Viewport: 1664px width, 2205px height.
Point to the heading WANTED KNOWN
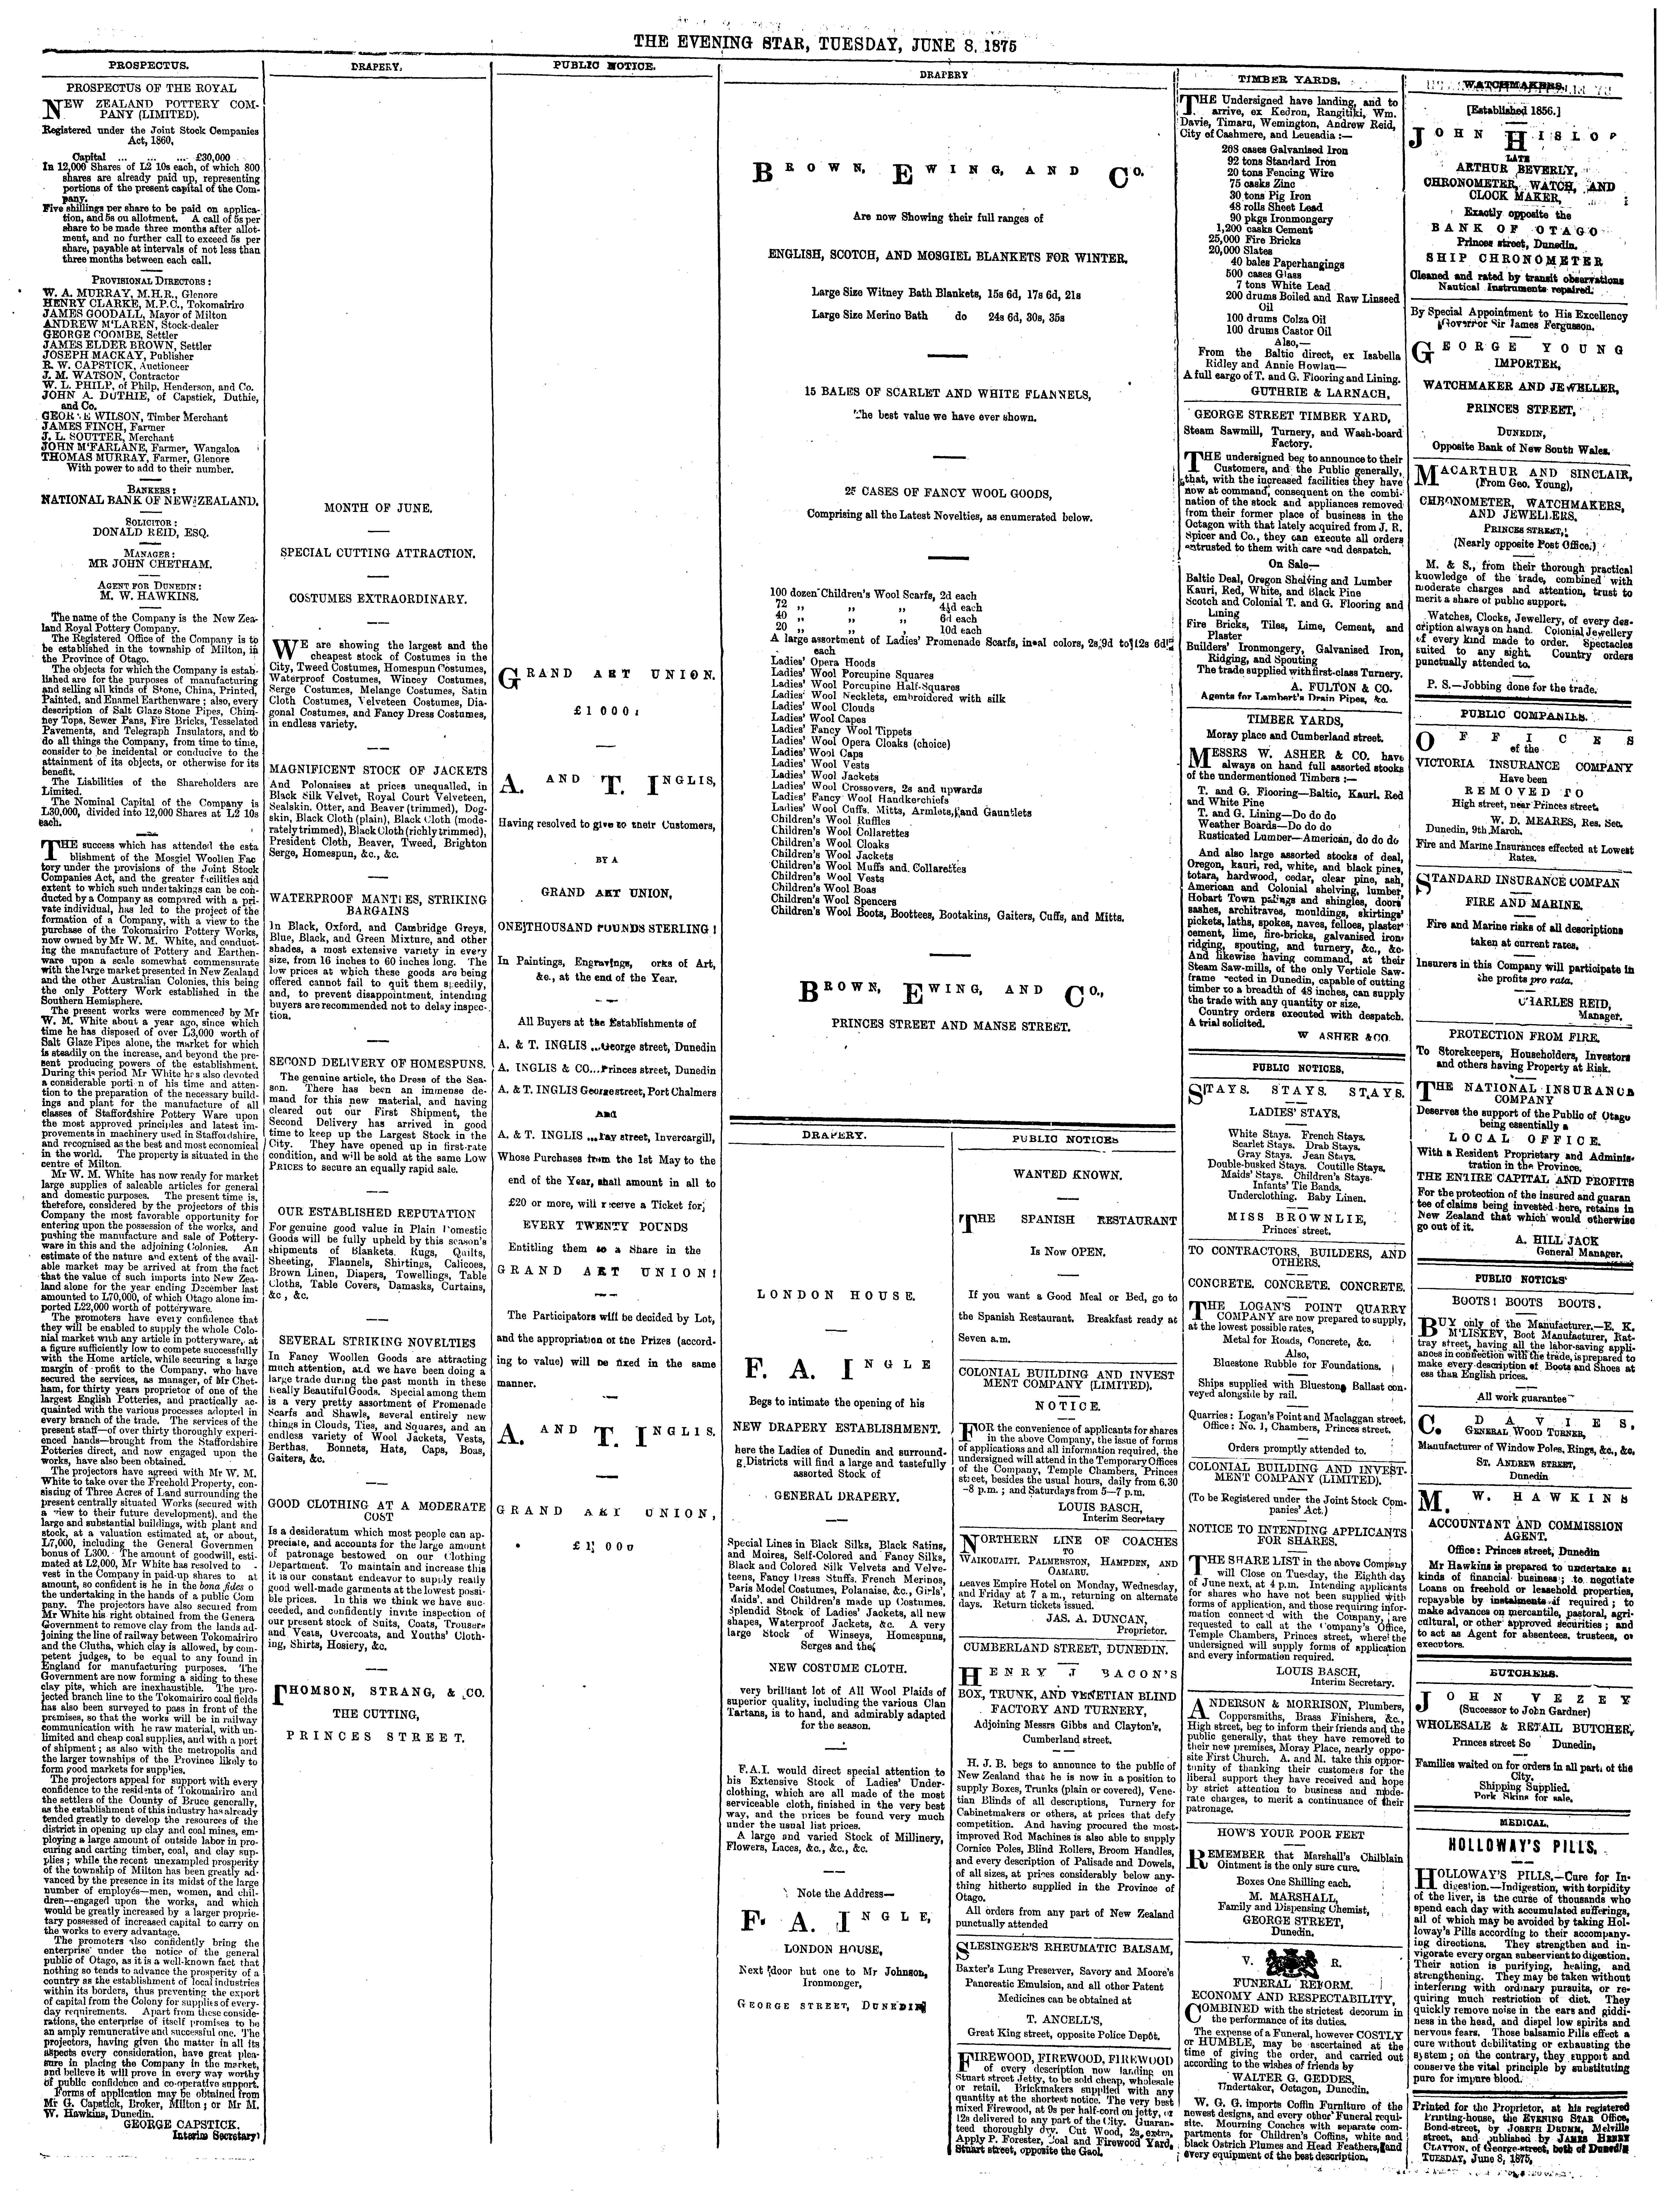point(1067,1174)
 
